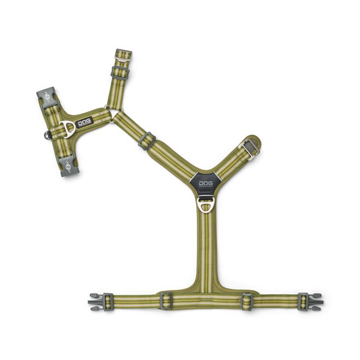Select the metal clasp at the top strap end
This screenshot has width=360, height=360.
point(123,55)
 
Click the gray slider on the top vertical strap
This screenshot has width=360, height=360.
point(119,73)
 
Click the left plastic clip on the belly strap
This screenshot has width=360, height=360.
point(96,301)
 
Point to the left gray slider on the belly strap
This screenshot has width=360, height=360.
point(165,301)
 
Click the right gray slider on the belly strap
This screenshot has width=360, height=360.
point(247,301)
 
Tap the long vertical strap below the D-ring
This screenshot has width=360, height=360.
point(206,247)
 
